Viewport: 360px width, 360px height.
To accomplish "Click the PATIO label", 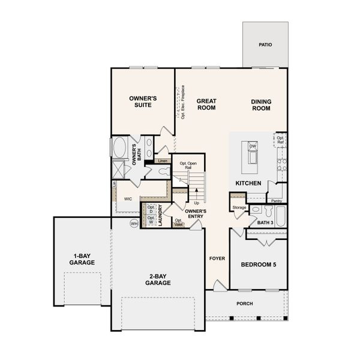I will [265, 44].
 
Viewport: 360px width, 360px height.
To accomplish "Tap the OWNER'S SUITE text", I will [143, 101].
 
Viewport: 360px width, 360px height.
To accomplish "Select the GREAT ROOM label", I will [206, 104].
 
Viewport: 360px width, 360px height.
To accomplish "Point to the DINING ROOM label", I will [260, 105].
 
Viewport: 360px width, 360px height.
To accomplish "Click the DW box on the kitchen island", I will [253, 146].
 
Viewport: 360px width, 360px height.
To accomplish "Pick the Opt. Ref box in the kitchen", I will [280, 140].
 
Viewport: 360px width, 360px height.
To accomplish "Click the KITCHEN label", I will [248, 182].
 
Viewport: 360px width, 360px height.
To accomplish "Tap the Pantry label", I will [276, 201].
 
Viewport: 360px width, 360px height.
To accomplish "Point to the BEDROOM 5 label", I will [259, 265].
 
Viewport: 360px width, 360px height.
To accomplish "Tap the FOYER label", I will [217, 259].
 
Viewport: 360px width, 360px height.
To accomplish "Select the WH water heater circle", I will [134, 223].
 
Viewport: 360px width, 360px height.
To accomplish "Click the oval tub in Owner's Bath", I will [120, 147].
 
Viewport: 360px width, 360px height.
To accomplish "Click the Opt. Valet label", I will [178, 223].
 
